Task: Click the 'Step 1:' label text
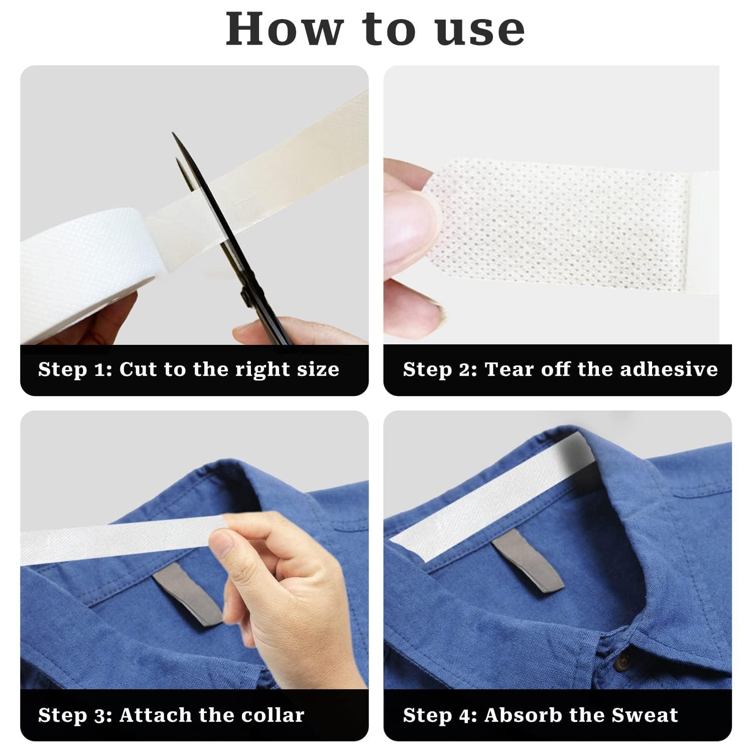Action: point(75,369)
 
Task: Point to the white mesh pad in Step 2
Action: point(562,226)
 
